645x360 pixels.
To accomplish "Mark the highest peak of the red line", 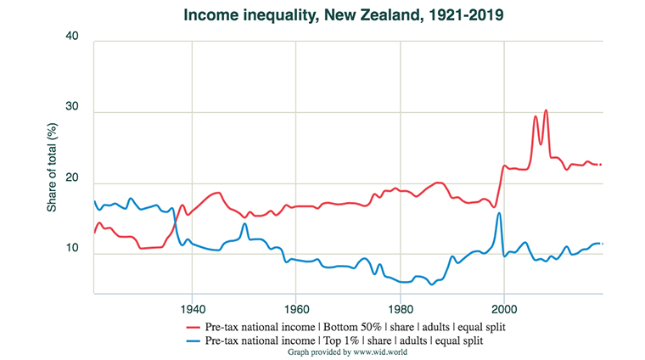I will coord(546,110).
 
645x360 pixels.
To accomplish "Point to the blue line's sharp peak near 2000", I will coord(498,213).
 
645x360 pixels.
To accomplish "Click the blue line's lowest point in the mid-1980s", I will coord(432,284).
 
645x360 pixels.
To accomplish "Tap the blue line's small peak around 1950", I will coord(244,224).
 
